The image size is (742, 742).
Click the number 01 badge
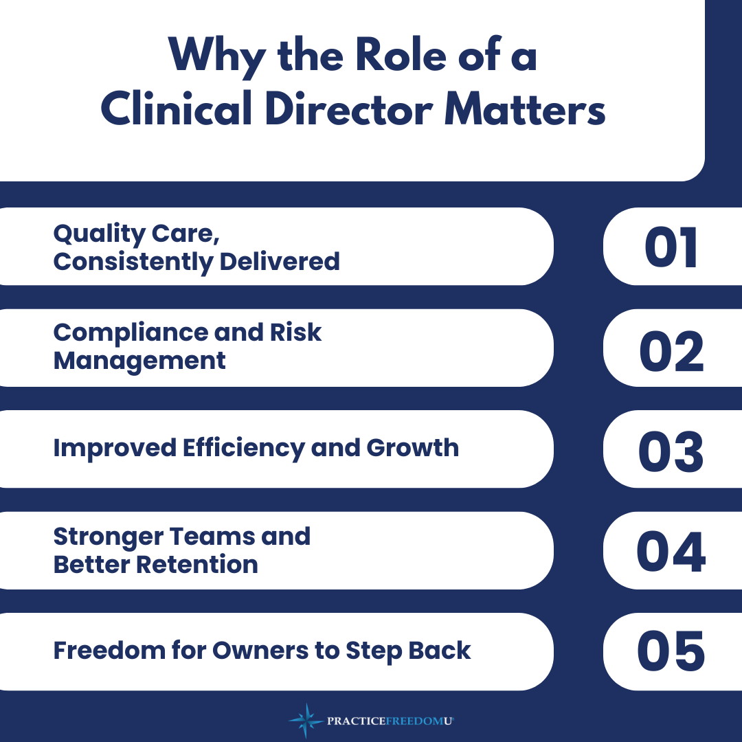673,247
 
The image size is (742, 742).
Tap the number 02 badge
673,348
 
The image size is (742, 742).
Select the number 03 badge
673,449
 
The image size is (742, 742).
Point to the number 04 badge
673,551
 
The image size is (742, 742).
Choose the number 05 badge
673,652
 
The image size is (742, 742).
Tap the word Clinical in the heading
176,109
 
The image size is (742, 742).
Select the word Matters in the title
525,109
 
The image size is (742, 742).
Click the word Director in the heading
348,109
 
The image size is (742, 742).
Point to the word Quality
100,234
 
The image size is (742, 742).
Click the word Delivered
280,262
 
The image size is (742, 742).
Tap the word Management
139,362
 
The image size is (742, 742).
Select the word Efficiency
244,449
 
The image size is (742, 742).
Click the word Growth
413,448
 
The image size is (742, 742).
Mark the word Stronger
109,537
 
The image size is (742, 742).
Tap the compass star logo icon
306,721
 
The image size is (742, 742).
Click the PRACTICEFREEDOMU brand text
390,721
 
